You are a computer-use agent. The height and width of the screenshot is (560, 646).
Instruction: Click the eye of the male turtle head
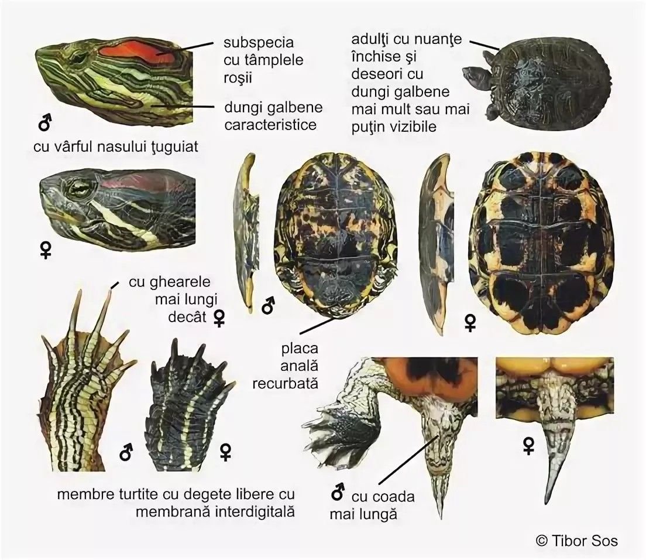pos(77,58)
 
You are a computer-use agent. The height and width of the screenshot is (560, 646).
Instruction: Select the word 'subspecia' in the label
pos(259,43)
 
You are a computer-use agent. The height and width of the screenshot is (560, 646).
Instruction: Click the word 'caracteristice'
pos(270,125)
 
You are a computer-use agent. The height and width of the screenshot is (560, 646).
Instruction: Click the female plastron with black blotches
pos(538,243)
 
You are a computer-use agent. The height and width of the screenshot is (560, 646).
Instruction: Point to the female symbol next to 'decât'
pos(219,317)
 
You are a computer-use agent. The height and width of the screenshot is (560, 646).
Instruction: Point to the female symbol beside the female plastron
pos(470,323)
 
